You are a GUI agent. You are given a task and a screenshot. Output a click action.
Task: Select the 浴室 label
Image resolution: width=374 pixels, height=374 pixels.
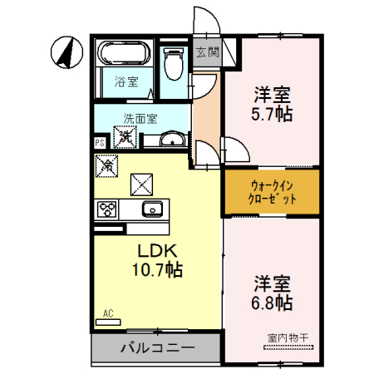click(126, 82)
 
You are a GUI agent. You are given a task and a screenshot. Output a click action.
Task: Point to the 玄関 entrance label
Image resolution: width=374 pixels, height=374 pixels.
click(207, 52)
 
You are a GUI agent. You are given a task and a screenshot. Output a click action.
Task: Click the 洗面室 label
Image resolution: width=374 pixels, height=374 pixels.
click(140, 118)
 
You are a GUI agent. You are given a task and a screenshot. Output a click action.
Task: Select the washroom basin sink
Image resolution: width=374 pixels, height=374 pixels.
click(172, 139)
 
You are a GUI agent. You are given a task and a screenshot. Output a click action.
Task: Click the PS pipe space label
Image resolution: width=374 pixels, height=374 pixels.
click(100, 143)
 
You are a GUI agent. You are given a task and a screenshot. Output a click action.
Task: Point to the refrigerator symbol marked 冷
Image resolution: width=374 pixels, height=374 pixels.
click(109, 166)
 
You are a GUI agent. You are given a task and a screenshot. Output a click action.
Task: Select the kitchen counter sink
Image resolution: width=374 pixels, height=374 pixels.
click(152, 209)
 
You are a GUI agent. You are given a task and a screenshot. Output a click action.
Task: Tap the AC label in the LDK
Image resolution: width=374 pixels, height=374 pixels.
click(107, 313)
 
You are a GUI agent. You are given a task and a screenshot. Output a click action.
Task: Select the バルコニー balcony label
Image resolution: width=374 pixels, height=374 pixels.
click(156, 347)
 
